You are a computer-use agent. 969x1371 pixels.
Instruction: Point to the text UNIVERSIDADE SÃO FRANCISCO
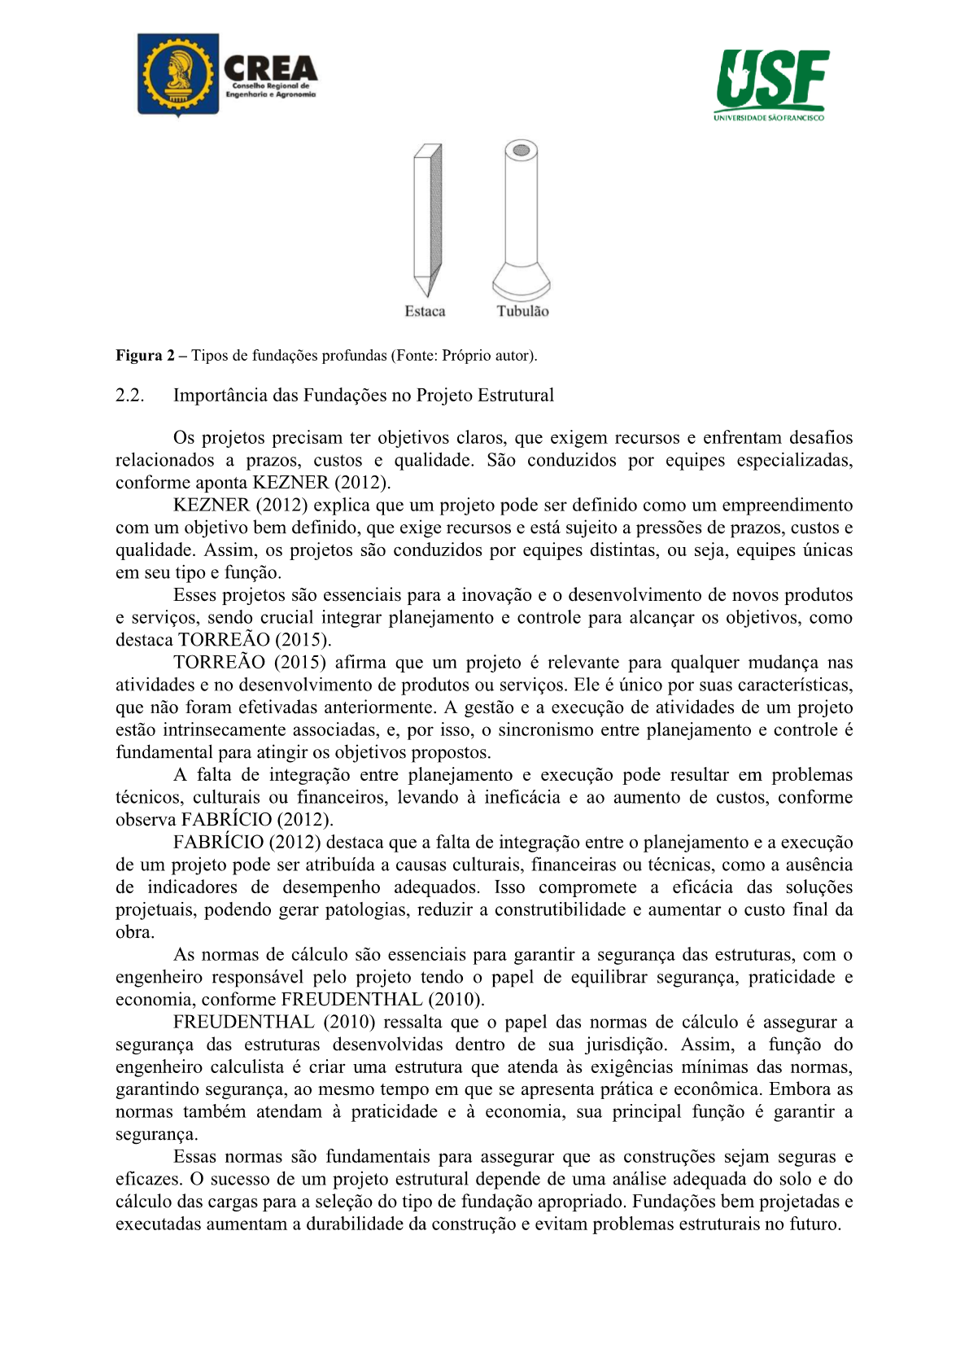coord(769,118)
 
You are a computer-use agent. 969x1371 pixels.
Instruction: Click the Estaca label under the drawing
coord(425,312)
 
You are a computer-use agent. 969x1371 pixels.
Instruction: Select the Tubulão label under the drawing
coord(522,312)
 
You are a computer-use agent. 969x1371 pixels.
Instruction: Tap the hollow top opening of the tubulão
coord(521,151)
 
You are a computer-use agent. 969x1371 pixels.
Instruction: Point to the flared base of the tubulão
coord(521,283)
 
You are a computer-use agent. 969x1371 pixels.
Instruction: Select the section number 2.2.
coord(130,396)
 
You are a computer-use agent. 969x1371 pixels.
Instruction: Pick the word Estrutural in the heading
coord(515,396)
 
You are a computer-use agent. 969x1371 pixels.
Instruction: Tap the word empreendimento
coord(788,506)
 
